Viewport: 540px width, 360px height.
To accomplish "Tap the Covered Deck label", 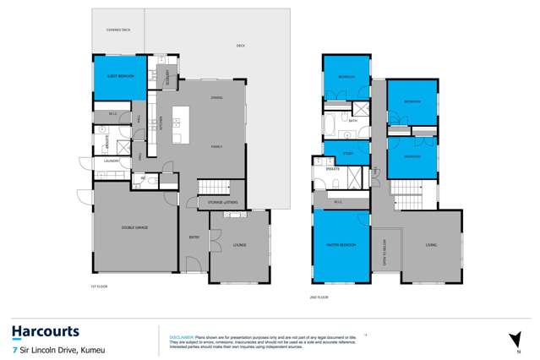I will [118, 30].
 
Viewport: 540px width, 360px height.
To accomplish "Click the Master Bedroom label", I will [341, 246].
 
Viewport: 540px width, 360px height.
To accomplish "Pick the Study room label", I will [347, 153].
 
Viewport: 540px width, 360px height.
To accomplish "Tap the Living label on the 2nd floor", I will [431, 246].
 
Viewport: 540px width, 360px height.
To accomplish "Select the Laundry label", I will [110, 161].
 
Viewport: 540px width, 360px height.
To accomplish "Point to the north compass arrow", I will [514, 339].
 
